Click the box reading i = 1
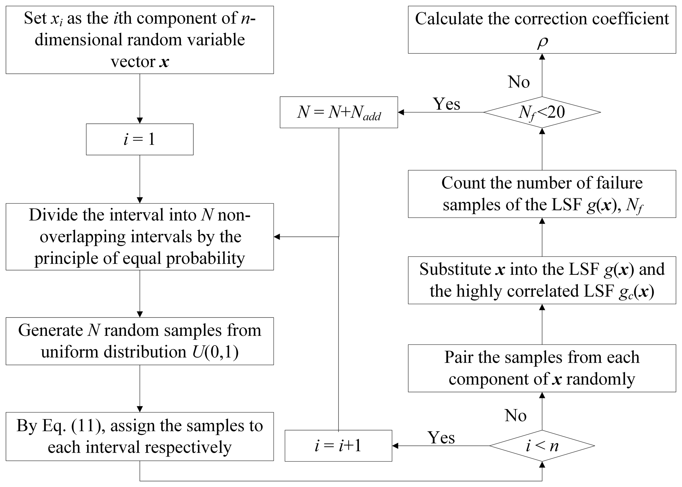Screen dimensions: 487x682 pyautogui.click(x=140, y=139)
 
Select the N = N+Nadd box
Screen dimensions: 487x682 pyautogui.click(x=339, y=112)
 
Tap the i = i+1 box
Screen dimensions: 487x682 pyautogui.click(x=338, y=446)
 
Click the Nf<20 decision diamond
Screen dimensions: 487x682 pyautogui.click(x=542, y=112)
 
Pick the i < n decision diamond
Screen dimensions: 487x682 pyautogui.click(x=542, y=446)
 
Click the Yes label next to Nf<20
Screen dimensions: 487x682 pyautogui.click(x=446, y=104)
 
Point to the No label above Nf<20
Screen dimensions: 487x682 pyautogui.click(x=519, y=81)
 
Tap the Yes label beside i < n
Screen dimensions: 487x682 pyautogui.click(x=441, y=438)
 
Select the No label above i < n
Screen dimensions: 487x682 pyautogui.click(x=515, y=415)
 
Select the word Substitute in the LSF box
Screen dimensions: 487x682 pyautogui.click(x=455, y=269)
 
